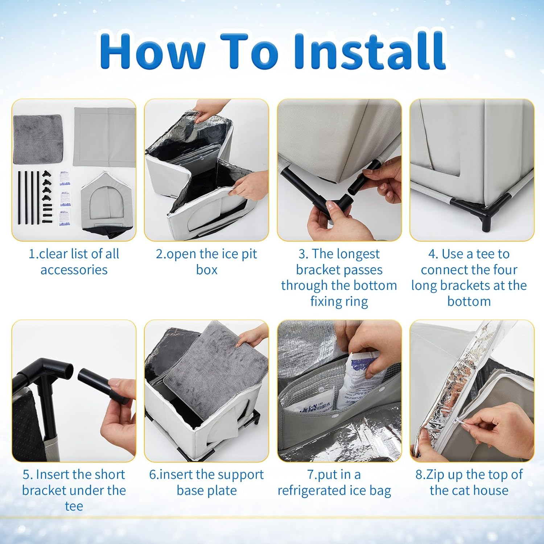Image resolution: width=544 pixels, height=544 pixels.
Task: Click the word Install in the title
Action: point(370,51)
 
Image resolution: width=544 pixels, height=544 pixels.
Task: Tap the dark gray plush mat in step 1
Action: point(37,139)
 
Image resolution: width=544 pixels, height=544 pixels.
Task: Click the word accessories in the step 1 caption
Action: point(74,270)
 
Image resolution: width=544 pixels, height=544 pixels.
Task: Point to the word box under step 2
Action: point(207,270)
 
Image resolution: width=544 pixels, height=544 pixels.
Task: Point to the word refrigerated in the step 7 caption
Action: point(312,491)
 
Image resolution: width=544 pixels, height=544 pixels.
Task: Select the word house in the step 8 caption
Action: point(490,490)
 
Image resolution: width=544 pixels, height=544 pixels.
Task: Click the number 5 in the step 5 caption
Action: point(26,475)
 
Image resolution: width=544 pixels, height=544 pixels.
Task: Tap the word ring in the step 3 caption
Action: point(357,302)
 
